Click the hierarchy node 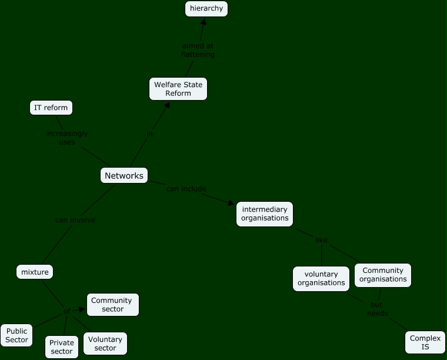pos(206,9)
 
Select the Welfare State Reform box pos(178,89)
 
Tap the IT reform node pos(51,108)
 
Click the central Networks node pos(124,175)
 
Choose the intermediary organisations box pos(265,214)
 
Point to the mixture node pos(35,272)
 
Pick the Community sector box pos(113,305)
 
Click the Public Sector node pos(16,335)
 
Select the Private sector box pos(62,346)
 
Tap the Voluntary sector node pos(105,344)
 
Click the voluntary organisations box pos(321,278)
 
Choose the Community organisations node pos(383,275)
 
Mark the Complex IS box pos(425,342)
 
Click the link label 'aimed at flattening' pos(198,50)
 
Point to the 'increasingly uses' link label pos(67,138)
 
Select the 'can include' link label pos(186,189)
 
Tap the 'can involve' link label pos(75,220)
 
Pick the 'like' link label pos(321,240)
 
